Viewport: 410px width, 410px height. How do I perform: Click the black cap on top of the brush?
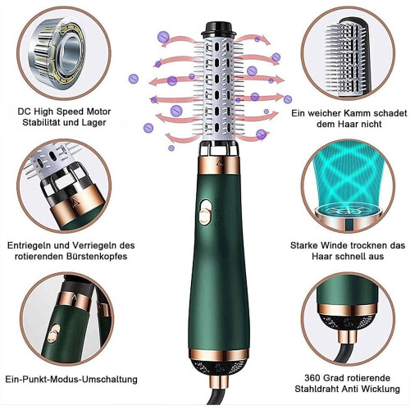[x=218, y=30]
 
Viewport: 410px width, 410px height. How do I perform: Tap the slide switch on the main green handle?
[x=205, y=212]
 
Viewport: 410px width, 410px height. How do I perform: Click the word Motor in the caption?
[x=98, y=112]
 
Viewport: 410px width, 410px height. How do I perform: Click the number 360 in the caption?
[x=312, y=378]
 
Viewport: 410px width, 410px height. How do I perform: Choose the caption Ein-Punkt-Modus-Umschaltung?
[x=71, y=379]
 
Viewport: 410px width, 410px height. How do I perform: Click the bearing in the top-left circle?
[x=59, y=52]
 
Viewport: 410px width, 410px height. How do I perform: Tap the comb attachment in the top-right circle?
[x=348, y=57]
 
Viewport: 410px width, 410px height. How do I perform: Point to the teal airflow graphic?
[x=348, y=178]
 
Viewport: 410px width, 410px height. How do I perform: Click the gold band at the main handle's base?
[x=218, y=355]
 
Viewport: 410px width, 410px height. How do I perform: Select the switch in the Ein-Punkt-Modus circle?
[x=53, y=333]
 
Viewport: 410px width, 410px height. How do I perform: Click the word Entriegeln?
[x=29, y=245]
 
